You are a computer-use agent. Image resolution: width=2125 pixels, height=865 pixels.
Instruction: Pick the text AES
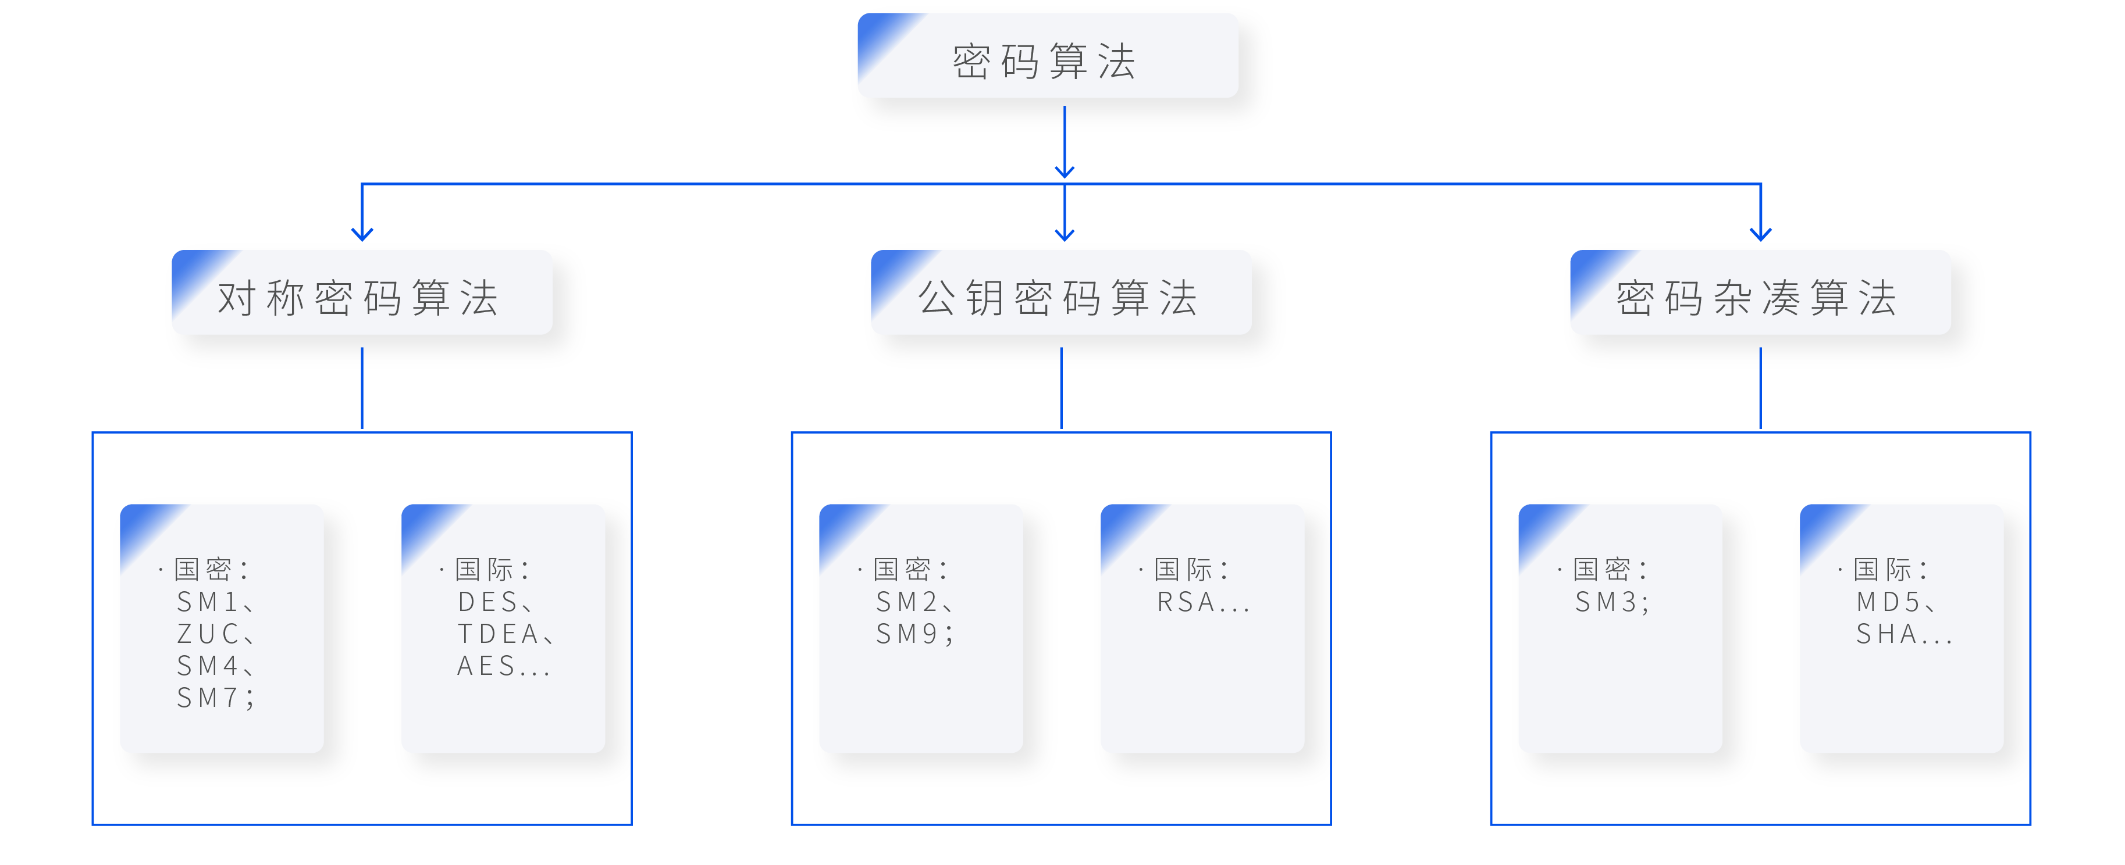tap(487, 666)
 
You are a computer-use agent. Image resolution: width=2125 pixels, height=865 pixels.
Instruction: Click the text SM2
tap(906, 602)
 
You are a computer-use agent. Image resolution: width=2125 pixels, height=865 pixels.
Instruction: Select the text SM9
tap(906, 634)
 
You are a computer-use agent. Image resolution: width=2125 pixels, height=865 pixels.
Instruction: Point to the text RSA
tap(1186, 602)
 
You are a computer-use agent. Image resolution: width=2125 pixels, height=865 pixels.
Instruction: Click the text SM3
tap(1606, 602)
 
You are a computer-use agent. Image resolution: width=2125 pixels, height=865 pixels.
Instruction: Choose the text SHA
tap(1886, 634)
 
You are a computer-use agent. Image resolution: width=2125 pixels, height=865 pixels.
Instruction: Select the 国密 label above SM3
tap(1601, 569)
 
